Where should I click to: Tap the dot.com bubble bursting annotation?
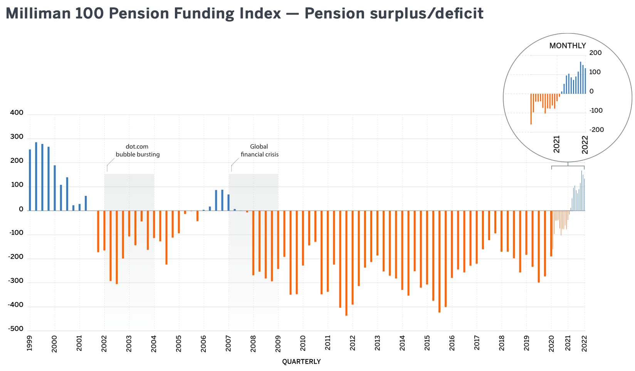tap(138, 150)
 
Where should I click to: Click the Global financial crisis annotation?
tap(259, 150)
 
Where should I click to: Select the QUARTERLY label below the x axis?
tap(301, 361)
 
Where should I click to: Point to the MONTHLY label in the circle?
tap(568, 46)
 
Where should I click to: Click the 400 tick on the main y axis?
tap(17, 113)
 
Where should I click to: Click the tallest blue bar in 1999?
tap(36, 176)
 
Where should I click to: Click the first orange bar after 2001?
tap(98, 231)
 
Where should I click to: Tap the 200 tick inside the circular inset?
tap(596, 53)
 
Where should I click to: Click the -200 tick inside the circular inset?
tap(597, 130)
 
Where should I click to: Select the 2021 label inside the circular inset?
tap(557, 144)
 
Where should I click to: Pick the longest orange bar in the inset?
tap(531, 109)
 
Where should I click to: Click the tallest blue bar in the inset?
tap(581, 77)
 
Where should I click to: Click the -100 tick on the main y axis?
tap(15, 233)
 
